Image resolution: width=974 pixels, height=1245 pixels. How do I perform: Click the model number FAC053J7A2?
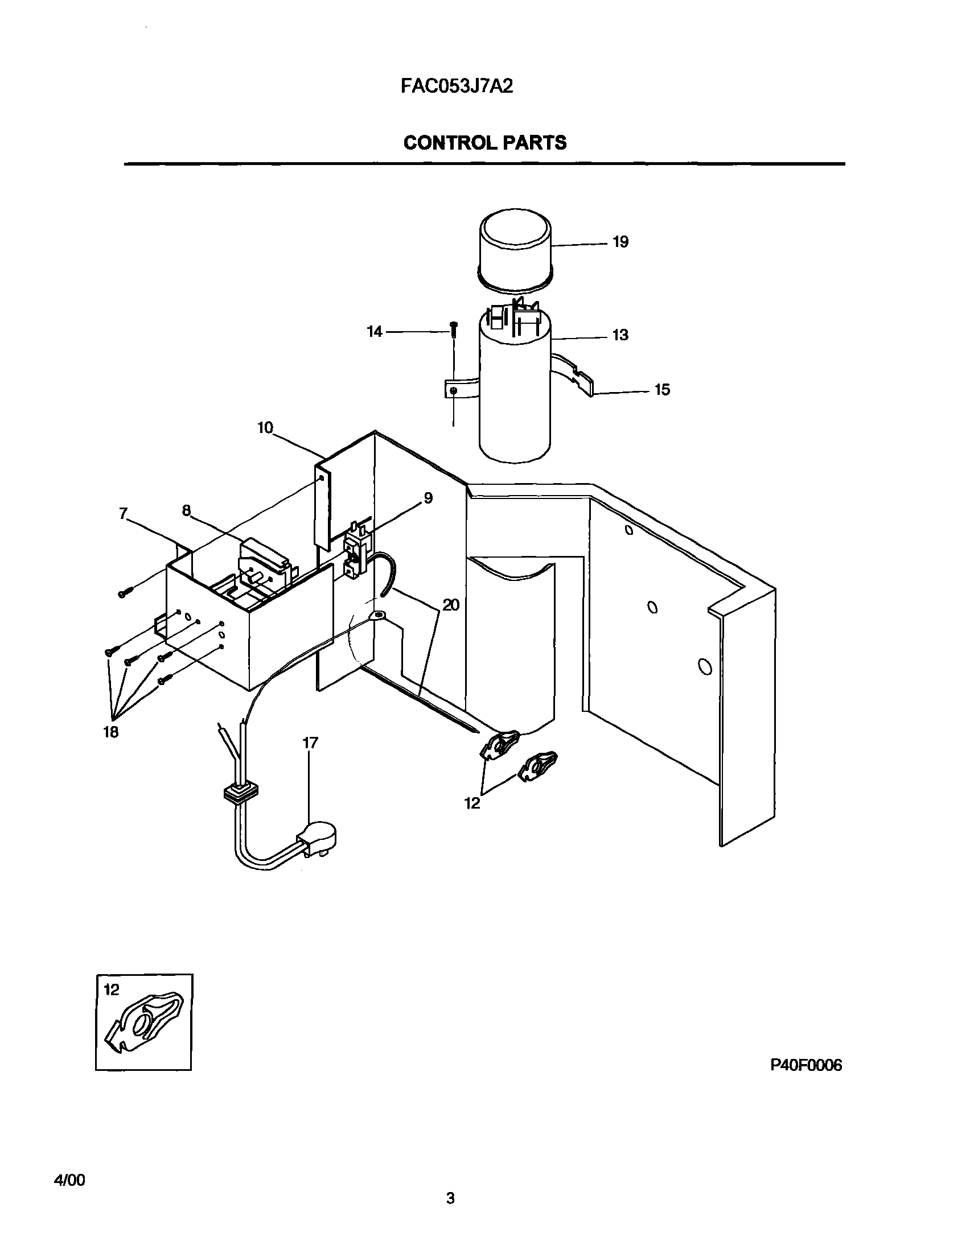click(457, 86)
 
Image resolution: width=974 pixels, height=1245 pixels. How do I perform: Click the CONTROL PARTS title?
click(484, 142)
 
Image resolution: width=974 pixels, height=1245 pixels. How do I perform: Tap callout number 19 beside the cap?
click(620, 242)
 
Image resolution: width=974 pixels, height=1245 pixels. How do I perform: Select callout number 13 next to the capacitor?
click(620, 335)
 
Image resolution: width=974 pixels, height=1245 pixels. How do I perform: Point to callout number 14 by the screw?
click(374, 332)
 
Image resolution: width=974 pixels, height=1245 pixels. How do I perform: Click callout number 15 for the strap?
click(662, 390)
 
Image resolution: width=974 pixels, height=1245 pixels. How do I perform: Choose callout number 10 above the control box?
click(265, 427)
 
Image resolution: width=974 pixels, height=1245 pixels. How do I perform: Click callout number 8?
click(187, 510)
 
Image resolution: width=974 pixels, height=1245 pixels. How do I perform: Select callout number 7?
click(123, 513)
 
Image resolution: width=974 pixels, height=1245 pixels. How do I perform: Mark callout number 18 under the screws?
click(110, 732)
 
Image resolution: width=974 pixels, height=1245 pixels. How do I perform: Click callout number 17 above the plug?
click(310, 743)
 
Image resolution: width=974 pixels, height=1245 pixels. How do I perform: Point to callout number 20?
click(451, 605)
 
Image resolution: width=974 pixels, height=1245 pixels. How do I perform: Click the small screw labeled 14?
click(453, 328)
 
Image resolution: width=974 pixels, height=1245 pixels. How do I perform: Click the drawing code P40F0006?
click(805, 1065)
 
